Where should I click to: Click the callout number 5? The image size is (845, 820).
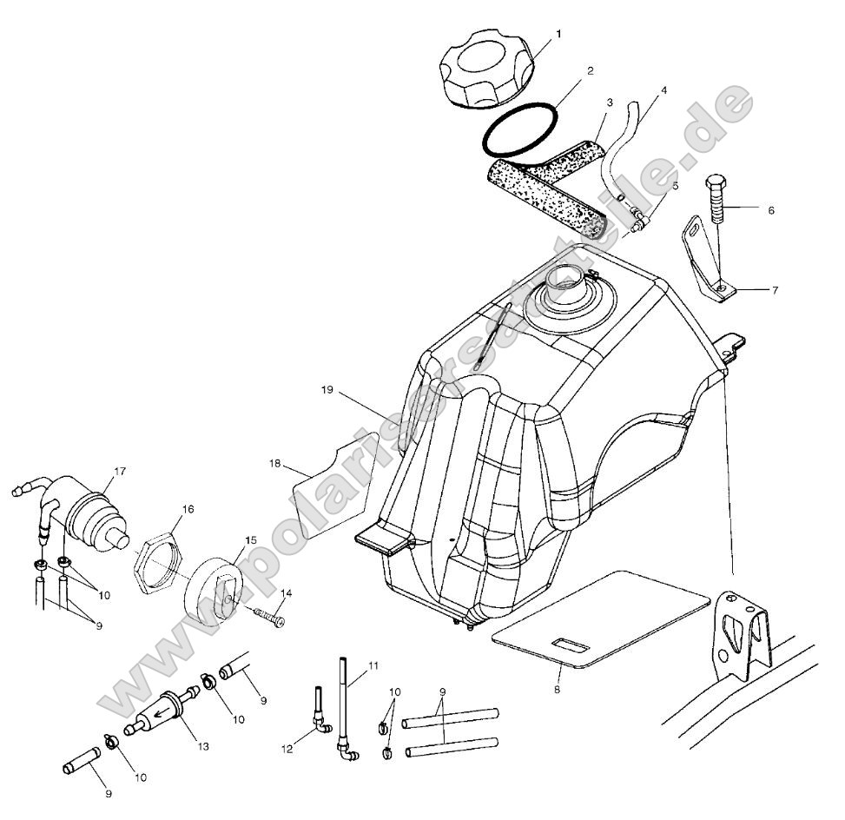(675, 185)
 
